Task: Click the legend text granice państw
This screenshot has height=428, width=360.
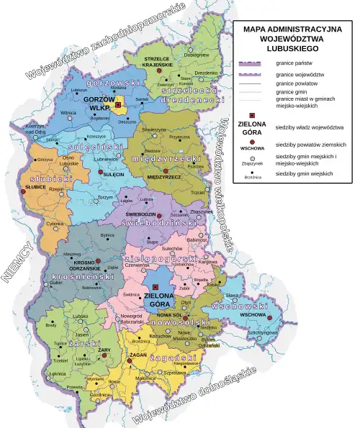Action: [x=292, y=64]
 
